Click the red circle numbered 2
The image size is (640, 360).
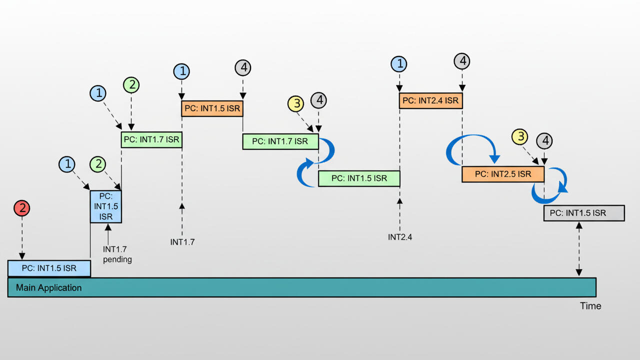coord(22,208)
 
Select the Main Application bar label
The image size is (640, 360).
coord(48,287)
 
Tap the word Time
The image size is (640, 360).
coord(590,306)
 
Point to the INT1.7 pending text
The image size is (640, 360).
coord(117,254)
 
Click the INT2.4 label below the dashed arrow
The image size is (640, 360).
coord(400,237)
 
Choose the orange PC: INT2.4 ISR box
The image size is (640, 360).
coord(430,100)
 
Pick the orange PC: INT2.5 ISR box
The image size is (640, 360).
coord(502,174)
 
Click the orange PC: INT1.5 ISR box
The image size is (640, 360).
coord(212,108)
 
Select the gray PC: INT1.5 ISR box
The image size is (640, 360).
coord(583,213)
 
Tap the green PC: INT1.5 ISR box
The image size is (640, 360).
coord(359,178)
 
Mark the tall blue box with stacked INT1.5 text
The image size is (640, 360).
coord(105,206)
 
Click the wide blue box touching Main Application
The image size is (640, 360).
coord(49,268)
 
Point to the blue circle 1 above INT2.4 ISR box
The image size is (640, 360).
coord(399,64)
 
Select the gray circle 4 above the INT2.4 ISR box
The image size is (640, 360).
coord(462,61)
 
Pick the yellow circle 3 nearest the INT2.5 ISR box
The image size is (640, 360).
coord(520,136)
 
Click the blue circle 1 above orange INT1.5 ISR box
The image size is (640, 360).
coord(181,71)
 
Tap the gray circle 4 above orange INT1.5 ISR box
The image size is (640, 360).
coord(242,67)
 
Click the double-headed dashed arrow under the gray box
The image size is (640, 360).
coord(579,249)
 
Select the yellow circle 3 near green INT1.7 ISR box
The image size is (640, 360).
coord(296,104)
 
